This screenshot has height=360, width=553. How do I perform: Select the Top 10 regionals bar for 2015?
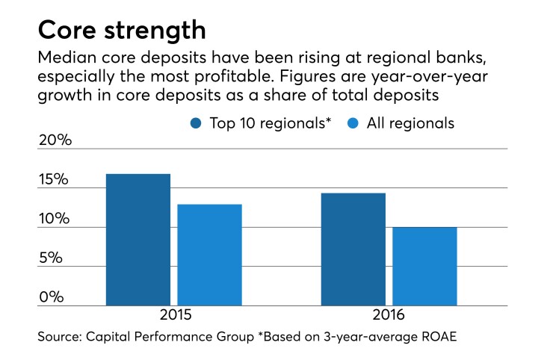pyautogui.click(x=138, y=240)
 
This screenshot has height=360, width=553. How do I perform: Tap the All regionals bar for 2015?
pyautogui.click(x=209, y=255)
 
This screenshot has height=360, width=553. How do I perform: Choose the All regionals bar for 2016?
pyautogui.click(x=424, y=266)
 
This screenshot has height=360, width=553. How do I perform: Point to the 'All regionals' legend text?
pyautogui.click(x=410, y=122)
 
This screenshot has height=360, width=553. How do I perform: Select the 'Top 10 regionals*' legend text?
pyautogui.click(x=268, y=122)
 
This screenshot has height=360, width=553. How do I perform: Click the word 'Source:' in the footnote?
pyautogui.click(x=60, y=338)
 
